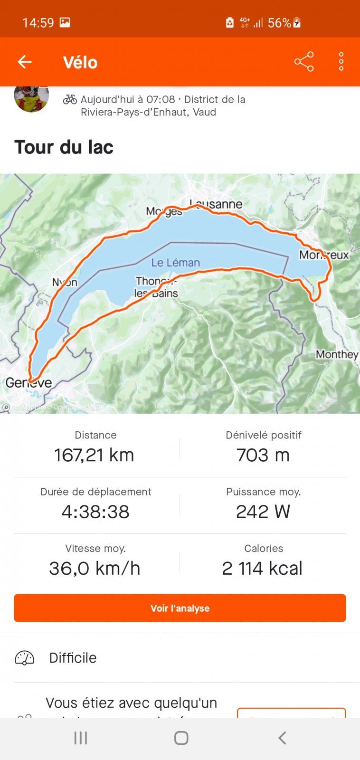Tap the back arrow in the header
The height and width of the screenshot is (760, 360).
point(25,62)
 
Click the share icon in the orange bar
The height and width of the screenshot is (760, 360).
point(304,62)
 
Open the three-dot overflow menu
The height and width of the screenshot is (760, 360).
point(341,62)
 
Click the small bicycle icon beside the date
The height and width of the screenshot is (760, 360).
point(70,99)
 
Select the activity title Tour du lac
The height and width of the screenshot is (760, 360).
point(64,147)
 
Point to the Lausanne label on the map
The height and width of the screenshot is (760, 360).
point(216,204)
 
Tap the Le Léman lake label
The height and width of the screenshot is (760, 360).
point(176,262)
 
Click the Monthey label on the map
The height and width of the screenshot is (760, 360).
point(337,354)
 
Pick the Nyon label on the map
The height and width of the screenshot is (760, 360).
point(65,283)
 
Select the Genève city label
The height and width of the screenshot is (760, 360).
point(28,383)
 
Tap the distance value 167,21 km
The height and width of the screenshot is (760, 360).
point(95,455)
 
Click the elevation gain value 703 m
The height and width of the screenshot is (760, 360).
point(263,455)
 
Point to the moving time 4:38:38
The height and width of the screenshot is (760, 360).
point(95,512)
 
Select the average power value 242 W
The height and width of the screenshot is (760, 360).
point(263,512)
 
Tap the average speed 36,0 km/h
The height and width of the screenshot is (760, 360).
point(95,568)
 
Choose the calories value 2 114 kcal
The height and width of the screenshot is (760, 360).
point(262,568)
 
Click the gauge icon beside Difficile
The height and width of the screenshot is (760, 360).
point(25,658)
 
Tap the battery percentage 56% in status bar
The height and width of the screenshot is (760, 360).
point(279,23)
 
